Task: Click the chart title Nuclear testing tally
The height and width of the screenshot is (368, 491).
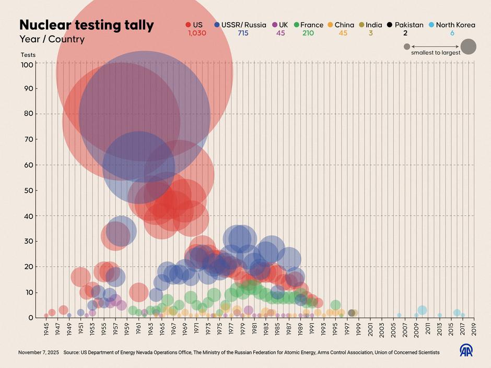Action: (86, 25)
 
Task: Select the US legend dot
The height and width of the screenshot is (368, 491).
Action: (188, 25)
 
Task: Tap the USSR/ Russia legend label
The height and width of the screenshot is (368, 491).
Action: (243, 25)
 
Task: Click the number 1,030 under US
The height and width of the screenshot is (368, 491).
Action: (197, 33)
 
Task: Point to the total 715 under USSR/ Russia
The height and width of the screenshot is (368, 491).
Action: (243, 33)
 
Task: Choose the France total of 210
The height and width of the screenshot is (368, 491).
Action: (308, 33)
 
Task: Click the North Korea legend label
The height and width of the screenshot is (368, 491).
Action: (456, 25)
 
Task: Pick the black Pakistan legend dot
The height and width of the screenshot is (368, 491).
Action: (390, 25)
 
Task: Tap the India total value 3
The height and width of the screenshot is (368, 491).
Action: (371, 33)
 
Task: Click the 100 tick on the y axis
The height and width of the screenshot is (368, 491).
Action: (27, 65)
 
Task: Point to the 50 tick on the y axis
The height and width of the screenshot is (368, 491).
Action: (29, 191)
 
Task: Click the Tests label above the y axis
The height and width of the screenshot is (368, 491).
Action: (28, 55)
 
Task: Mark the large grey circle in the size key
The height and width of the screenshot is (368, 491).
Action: (469, 46)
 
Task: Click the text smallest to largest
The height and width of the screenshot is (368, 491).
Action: (436, 53)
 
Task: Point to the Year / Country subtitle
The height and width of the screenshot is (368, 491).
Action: (52, 39)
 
